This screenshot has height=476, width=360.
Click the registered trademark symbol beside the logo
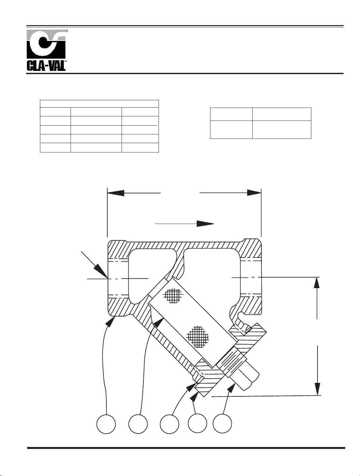[x=67, y=31]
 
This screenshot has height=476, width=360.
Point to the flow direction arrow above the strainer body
[x=185, y=224]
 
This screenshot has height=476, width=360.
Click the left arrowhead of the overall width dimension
[x=116, y=193]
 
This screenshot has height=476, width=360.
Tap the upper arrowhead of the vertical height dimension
[x=317, y=283]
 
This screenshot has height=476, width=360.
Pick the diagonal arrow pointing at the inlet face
[x=94, y=265]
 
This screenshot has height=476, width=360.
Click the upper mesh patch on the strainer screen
[x=173, y=295]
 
